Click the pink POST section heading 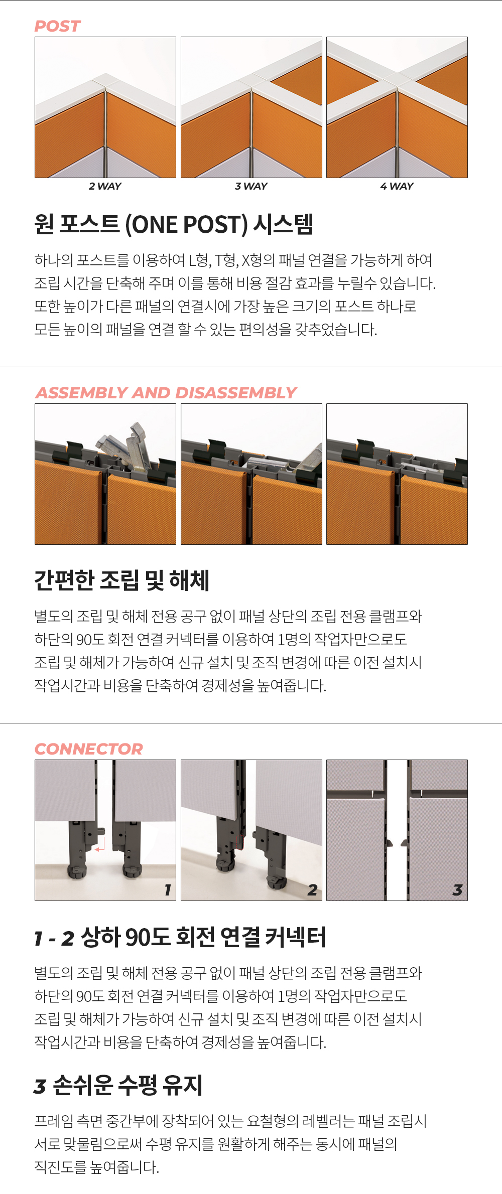tap(57, 26)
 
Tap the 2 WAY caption tap(105, 186)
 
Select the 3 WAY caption tap(251, 186)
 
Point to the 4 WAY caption tap(397, 186)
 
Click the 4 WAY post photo tap(397, 107)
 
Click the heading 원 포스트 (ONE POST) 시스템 tap(174, 224)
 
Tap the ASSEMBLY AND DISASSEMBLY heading tap(166, 393)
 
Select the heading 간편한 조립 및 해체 tap(121, 580)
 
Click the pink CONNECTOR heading tap(88, 749)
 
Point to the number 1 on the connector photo tap(168, 890)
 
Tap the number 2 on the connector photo tap(312, 890)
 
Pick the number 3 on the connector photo tap(457, 890)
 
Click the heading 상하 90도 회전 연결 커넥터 tap(203, 937)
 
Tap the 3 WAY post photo tap(252, 107)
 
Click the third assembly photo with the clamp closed tap(397, 474)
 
